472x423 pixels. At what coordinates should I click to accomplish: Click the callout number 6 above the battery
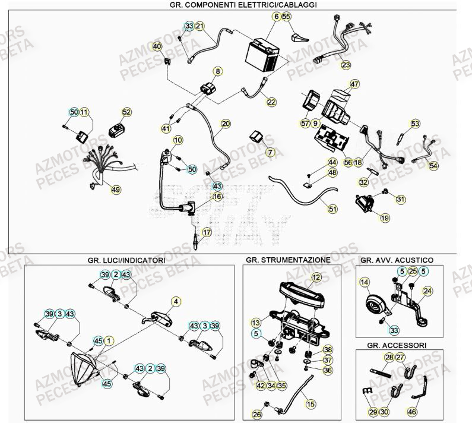point(276,17)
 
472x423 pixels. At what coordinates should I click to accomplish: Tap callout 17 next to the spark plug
point(206,233)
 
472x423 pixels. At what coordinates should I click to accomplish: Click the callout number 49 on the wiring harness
point(115,190)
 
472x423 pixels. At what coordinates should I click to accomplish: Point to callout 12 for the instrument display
point(316,277)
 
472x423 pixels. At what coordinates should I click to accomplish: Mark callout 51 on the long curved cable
point(331,209)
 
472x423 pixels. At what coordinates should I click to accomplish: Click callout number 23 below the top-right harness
point(346,65)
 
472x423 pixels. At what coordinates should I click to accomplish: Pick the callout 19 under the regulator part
point(385,218)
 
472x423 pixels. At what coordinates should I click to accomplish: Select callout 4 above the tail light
point(176,301)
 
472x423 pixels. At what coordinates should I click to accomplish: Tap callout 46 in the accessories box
point(411,410)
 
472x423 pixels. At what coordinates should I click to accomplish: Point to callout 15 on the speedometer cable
point(309,403)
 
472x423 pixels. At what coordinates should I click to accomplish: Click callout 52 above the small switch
point(126,112)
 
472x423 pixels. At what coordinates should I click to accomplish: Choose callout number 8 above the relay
point(218,71)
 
